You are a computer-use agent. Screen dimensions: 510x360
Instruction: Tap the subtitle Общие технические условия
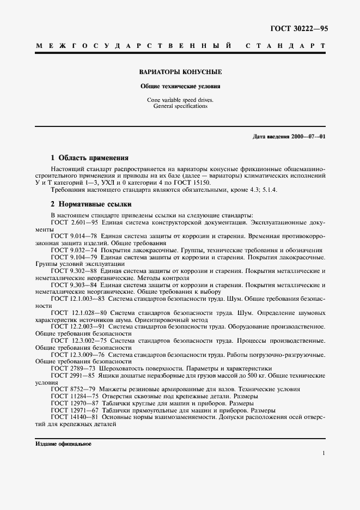[x=180, y=86]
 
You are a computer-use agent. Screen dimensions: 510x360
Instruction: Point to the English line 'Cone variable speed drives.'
[x=180, y=100]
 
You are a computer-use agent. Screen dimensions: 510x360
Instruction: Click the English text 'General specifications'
[x=180, y=107]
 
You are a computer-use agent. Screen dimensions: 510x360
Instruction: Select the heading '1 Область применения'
[x=89, y=158]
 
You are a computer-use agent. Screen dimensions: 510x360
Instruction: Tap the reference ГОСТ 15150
[x=163, y=182]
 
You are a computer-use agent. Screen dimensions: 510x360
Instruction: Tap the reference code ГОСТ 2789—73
[x=72, y=368]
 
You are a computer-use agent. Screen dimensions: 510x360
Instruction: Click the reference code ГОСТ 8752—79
[x=72, y=390]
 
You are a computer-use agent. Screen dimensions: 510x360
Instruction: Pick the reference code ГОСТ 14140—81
[x=74, y=417]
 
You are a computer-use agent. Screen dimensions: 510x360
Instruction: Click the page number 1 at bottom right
[x=324, y=453]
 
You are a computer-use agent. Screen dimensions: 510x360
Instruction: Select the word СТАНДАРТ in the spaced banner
[x=286, y=46]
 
